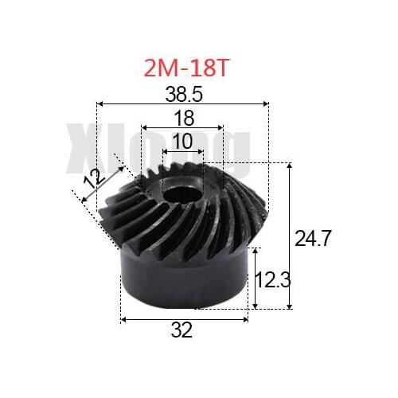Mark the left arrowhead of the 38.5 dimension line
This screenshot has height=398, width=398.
[x=99, y=103]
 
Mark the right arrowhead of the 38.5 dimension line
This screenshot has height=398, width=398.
[x=266, y=103]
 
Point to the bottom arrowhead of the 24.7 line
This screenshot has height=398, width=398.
[x=290, y=306]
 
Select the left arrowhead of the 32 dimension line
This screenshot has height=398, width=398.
[x=123, y=319]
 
